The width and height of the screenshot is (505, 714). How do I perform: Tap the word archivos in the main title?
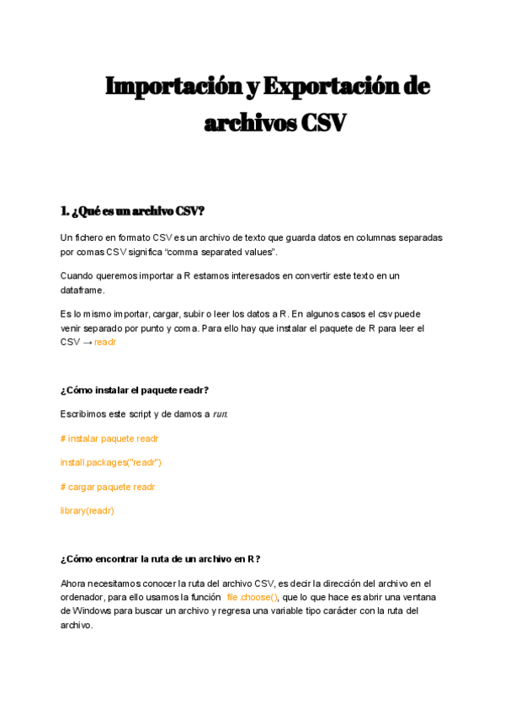pos(249,123)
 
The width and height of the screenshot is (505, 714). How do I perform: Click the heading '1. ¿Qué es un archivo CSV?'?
pos(133,210)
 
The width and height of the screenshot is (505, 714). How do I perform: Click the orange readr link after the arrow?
pos(105,342)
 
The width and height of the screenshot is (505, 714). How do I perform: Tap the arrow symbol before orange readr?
pos(88,342)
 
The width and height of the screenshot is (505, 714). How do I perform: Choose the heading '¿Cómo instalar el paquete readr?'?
pos(135,390)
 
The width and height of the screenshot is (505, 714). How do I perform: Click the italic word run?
pos(220,414)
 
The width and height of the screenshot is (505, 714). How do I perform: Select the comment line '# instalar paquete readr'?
pos(109,439)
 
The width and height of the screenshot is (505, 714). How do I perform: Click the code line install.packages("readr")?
pos(111,462)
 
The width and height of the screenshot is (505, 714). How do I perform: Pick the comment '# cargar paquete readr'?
pos(108,487)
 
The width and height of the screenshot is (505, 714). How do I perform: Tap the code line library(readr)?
pos(88,510)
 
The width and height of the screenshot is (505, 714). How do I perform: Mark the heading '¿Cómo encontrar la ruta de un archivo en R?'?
pos(161,558)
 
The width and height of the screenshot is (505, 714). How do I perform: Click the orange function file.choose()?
pos(252,597)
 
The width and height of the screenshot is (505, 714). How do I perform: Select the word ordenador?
pos(83,597)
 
